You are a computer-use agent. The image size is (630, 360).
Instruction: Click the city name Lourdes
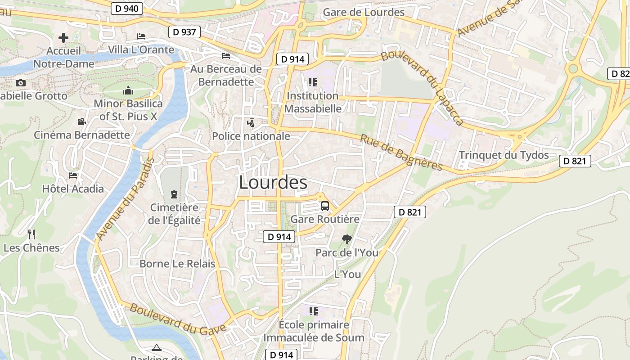(273, 182)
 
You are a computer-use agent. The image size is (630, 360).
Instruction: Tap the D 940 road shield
(127, 8)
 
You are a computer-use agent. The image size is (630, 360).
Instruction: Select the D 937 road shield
(184, 31)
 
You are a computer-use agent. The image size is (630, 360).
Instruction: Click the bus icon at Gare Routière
(324, 206)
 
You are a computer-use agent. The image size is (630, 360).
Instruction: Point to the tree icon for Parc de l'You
(346, 239)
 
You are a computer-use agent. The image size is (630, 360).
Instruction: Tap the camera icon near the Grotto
(21, 83)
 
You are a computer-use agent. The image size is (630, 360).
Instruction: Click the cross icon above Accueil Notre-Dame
(63, 37)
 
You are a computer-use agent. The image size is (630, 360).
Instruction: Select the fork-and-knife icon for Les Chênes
(31, 234)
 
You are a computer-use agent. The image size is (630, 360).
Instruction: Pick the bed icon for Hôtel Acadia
(73, 175)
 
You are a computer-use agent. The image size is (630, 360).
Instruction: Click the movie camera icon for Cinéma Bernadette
(81, 121)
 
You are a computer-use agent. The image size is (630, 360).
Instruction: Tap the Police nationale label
(251, 136)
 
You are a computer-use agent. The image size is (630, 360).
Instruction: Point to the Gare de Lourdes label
(364, 12)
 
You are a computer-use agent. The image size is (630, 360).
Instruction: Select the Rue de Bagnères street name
(401, 153)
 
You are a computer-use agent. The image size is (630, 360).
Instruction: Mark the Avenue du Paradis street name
(125, 199)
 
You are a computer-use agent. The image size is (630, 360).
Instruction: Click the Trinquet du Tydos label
(504, 155)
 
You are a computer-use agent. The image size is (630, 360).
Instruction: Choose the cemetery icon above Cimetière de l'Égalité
(174, 194)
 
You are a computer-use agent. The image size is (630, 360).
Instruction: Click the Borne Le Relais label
(177, 264)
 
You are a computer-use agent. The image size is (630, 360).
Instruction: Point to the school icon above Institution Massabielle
(313, 82)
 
